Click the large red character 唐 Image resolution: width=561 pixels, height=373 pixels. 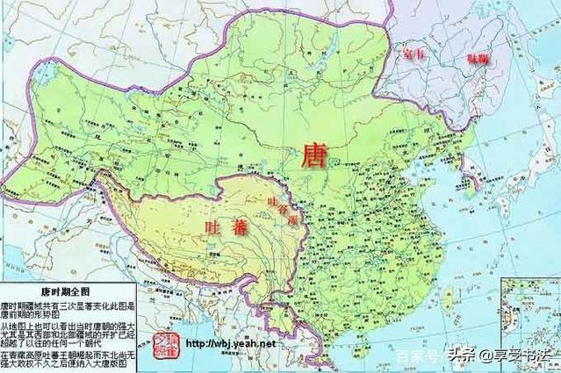pos(313,158)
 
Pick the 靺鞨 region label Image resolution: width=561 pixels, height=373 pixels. pos(479,59)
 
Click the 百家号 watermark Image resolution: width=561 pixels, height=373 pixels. pos(411,357)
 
